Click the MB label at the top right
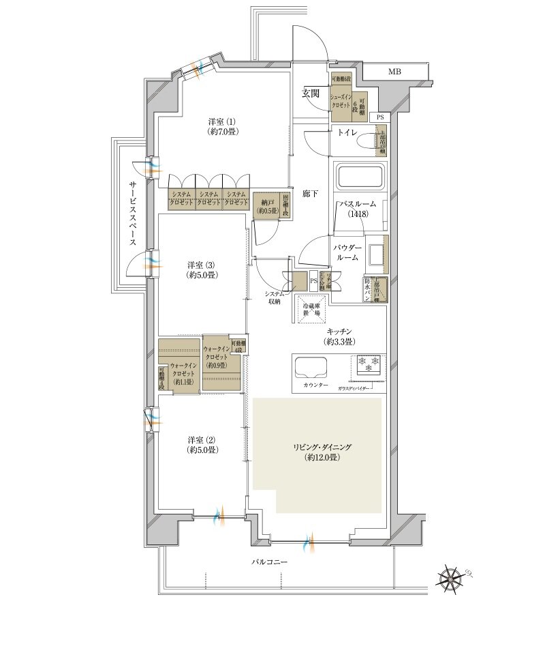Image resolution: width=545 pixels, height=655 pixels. click(x=394, y=72)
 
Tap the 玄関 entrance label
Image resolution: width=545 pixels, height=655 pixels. click(x=311, y=94)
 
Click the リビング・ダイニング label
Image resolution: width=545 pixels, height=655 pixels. click(x=318, y=452)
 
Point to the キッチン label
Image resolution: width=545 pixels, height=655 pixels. click(x=339, y=335)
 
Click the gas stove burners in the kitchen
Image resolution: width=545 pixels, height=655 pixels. click(x=368, y=365)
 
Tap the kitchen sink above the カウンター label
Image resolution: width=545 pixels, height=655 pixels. click(x=312, y=368)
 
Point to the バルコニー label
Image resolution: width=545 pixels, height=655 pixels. click(x=270, y=562)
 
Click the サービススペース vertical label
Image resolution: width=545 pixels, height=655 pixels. click(x=132, y=214)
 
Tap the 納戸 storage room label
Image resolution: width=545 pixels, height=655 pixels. click(x=265, y=205)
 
